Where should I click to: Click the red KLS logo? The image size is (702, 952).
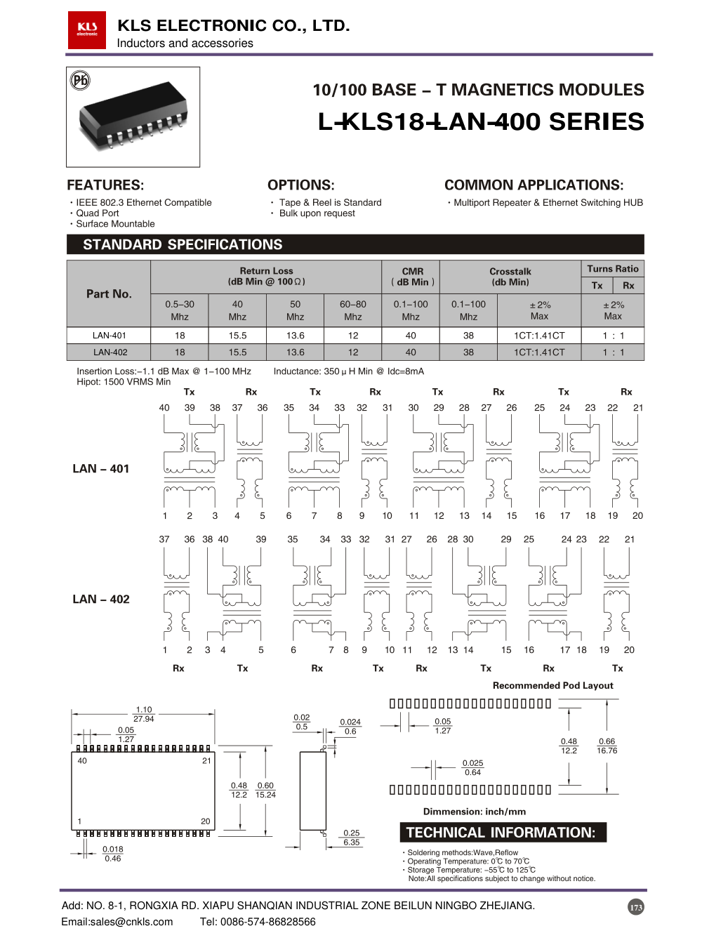pos(87,29)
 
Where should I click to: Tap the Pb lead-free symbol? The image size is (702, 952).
pos(80,80)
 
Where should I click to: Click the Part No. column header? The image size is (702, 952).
pos(109,293)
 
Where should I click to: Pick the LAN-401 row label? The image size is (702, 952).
pos(110,336)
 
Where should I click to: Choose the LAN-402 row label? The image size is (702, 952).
pos(110,352)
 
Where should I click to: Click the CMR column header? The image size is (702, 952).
pos(412,277)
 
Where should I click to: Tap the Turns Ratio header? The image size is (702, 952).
pos(613,269)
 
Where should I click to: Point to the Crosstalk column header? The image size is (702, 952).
pos(510,277)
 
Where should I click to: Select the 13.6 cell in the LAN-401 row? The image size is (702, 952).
pos(296,336)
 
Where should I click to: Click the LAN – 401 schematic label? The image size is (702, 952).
pos(101,468)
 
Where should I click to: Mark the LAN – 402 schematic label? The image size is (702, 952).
pos(101,599)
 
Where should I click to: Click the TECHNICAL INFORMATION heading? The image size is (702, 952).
pos(501,833)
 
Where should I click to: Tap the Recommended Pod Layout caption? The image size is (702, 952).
pos(552,685)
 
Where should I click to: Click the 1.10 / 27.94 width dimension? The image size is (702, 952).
pos(144,714)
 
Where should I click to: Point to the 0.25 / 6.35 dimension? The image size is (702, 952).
pos(352,838)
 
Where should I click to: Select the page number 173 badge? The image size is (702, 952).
pos(636,907)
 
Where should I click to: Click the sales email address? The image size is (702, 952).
pos(117,922)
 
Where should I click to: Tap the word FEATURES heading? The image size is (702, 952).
pos(105,185)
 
